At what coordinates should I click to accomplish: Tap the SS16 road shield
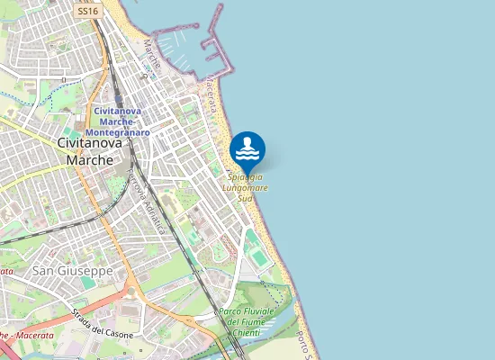point(87,12)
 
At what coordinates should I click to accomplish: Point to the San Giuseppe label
point(72,270)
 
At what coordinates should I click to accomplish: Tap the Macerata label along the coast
point(211,94)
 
